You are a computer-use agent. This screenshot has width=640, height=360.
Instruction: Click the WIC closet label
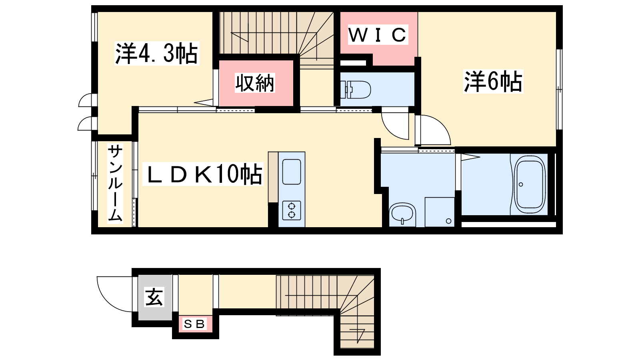(378, 35)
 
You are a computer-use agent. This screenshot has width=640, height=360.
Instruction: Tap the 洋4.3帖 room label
(156, 54)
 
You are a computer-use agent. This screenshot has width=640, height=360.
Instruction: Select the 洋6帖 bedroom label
(493, 82)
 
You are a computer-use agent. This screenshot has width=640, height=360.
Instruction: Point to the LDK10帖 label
(202, 174)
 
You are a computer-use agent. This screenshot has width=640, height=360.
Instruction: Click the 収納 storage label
(254, 83)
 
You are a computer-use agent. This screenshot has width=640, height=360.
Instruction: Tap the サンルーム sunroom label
(115, 183)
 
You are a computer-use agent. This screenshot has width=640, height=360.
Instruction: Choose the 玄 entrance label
(154, 297)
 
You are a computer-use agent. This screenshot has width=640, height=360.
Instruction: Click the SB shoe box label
(194, 324)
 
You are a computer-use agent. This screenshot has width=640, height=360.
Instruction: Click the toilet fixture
(356, 90)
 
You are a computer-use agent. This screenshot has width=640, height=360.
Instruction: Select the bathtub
(530, 184)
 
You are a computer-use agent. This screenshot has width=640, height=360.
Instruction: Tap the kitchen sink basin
(292, 172)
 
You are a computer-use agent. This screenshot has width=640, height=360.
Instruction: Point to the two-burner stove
(292, 210)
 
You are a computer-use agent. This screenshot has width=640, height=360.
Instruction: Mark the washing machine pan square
(440, 212)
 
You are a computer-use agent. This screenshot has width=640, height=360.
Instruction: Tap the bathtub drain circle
(520, 184)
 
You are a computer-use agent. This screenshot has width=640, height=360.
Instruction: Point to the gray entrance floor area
(155, 298)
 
